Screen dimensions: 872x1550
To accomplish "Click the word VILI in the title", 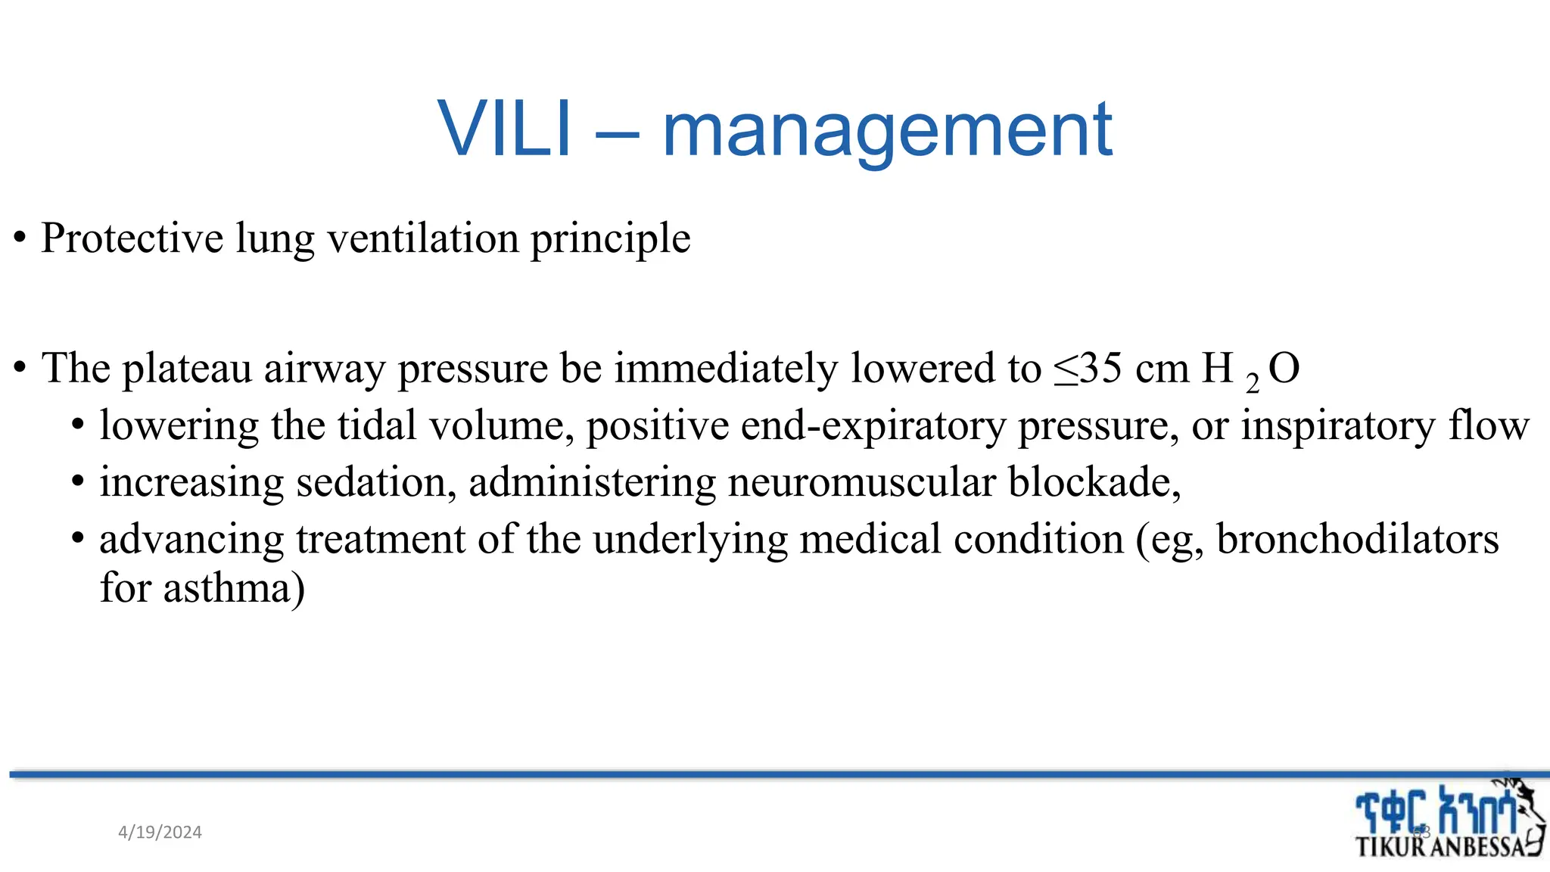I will pos(503,130).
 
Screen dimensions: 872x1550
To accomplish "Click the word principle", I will pos(610,240).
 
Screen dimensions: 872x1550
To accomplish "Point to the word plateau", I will pos(187,369).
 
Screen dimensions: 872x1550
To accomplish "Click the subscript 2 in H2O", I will pos(1253,383).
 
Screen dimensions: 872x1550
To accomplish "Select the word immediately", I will pos(726,369).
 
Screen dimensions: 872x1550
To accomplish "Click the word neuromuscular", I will pos(861,483).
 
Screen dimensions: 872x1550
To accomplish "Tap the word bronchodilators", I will pos(1357,540).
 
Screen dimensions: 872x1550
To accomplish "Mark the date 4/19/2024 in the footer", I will pos(160,833).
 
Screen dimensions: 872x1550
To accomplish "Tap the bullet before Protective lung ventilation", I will pos(20,239).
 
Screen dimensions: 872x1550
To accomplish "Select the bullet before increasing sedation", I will pos(78,483).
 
